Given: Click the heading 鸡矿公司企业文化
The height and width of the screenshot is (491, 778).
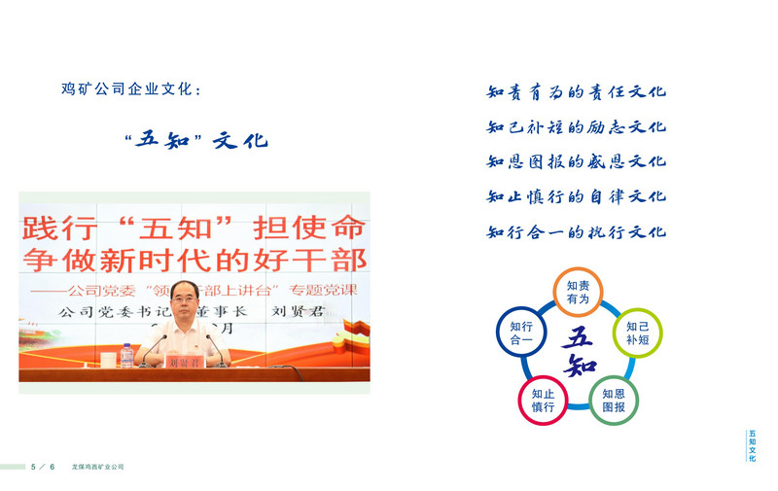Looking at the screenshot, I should point(131,90).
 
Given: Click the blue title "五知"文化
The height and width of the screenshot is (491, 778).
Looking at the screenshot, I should point(196,140).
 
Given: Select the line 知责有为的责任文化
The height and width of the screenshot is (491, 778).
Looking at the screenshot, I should point(576,92).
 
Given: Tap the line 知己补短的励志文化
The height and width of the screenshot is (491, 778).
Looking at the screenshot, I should point(576,127).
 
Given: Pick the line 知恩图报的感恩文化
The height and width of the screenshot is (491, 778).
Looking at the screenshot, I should point(576,161).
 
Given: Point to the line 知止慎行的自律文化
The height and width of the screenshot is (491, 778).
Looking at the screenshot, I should point(576,196).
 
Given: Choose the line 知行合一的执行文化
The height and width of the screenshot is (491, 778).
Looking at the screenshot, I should point(576,231).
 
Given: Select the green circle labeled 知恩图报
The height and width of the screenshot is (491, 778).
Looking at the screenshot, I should point(614,400).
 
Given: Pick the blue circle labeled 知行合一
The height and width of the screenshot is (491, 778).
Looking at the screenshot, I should point(520,333).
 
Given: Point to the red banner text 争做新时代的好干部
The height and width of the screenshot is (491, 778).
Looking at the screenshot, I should point(194,261).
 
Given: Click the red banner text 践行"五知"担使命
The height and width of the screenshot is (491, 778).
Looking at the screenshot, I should point(194,228).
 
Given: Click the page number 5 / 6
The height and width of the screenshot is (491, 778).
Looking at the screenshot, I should point(44,467).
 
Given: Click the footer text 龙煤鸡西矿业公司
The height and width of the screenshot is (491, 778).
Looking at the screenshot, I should point(97,467).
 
